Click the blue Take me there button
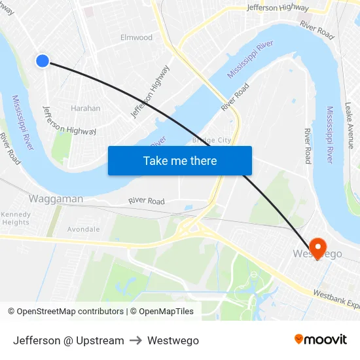coord(180,161)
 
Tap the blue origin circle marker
coord(43,61)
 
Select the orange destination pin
coord(317,247)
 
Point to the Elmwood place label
coord(136,38)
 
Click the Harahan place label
coord(85,109)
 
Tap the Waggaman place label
coord(56,198)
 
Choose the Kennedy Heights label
coord(16,219)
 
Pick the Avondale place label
coord(84,230)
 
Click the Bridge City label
coord(211,140)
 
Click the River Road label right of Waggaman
coord(147,201)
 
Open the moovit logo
coord(321,340)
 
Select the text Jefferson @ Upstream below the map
coord(69,340)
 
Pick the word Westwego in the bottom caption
coord(173,340)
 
